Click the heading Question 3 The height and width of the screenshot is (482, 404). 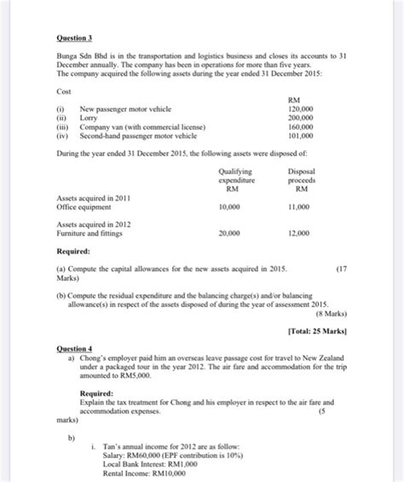[74, 38]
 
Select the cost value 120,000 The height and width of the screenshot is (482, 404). [302, 110]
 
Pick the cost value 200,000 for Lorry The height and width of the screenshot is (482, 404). [302, 119]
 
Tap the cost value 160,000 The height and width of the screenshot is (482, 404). [302, 126]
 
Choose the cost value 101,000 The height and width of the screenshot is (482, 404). [302, 135]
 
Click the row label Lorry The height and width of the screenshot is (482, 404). [89, 119]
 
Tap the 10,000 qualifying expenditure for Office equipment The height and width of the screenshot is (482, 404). [229, 207]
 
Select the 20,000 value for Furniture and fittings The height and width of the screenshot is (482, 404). [229, 233]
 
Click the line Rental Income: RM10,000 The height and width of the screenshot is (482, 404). [140, 473]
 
